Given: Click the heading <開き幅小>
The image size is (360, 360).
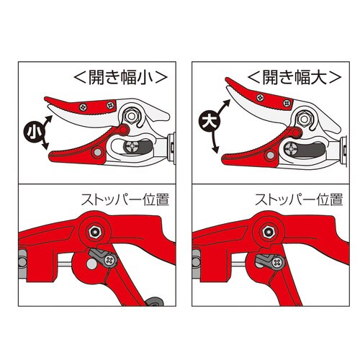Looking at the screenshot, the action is coord(121,78).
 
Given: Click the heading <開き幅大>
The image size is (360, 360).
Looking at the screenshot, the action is coord(294,78).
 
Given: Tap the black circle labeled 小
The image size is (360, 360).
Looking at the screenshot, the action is coord(34,132).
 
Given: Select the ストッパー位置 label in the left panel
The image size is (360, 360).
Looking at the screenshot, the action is coord(125,200).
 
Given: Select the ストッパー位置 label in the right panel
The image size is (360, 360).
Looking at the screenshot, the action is coord(299,200).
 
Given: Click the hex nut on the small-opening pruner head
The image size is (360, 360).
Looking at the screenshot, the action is coord(131,117).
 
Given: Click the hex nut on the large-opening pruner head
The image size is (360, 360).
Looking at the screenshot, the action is coord(304,119).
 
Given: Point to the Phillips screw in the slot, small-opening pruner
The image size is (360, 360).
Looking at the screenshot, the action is coord(132,147).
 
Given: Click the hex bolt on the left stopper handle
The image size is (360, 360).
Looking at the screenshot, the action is coord(95,232).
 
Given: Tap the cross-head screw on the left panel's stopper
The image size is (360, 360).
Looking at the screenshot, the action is coord(110,261).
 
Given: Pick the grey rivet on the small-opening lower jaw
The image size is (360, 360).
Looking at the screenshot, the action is coord(97,152).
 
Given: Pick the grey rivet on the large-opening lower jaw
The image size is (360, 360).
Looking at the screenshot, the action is coord(271,155).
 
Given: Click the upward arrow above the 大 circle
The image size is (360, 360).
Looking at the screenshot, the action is coord(224,107).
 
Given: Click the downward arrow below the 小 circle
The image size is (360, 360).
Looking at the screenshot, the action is coord(45,144).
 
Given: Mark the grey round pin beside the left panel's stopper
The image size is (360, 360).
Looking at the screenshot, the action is coord(91,264).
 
